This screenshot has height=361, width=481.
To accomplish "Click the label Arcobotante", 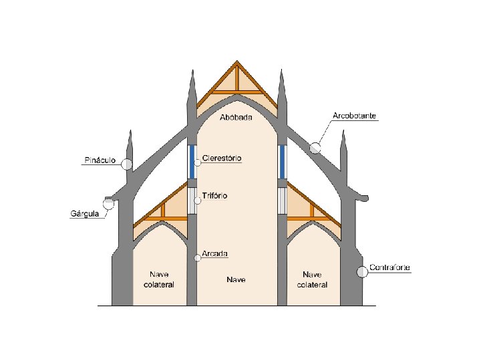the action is [x=355, y=116].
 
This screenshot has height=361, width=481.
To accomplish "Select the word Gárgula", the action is [x=85, y=214].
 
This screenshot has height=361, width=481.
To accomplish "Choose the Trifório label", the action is [x=214, y=196].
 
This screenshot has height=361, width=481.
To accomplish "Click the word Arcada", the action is [x=215, y=254].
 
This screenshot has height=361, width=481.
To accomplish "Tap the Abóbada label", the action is [x=236, y=118].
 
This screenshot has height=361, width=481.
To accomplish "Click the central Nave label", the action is [x=236, y=279].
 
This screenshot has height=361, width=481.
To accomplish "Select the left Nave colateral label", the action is [x=158, y=279].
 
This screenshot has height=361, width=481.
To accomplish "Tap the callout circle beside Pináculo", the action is [x=127, y=164].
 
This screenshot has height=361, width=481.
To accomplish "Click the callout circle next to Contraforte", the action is [x=362, y=271].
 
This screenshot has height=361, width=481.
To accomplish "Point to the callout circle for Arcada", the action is [x=197, y=258].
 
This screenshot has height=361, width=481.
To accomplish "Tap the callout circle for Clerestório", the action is [x=197, y=162].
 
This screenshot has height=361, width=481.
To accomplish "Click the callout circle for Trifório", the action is [x=197, y=200].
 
